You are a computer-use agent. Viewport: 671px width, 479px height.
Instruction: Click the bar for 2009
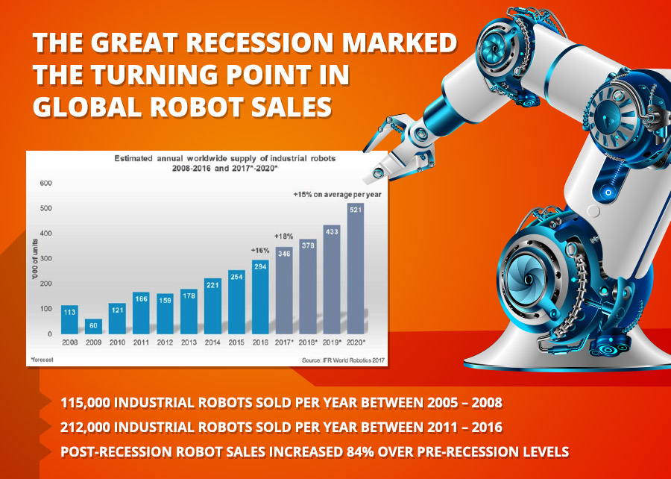(93, 326)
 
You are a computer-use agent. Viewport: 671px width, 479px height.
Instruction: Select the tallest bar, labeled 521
(355, 269)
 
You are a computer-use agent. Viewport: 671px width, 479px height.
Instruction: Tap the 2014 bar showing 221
(212, 306)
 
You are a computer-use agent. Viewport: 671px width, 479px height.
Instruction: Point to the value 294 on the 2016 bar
(260, 266)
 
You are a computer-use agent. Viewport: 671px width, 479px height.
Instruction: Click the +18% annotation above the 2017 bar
(284, 237)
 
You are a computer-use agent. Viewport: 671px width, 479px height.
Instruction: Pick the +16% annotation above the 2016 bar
(259, 251)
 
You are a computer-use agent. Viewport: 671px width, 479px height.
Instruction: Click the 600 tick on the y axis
(45, 184)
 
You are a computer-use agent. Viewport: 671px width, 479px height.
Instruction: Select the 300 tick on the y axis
(45, 259)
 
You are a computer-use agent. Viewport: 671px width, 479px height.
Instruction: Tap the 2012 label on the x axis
(165, 342)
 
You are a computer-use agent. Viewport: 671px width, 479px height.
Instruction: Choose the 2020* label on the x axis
(356, 342)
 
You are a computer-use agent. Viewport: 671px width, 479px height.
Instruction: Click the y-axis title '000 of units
(34, 259)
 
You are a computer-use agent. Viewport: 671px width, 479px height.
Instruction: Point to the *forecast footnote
(42, 360)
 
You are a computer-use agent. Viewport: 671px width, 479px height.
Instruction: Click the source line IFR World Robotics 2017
(343, 360)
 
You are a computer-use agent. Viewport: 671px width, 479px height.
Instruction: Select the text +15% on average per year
(337, 194)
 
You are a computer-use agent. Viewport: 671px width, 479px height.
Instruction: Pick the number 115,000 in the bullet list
(86, 403)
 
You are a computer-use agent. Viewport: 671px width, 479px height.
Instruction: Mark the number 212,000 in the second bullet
(86, 428)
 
